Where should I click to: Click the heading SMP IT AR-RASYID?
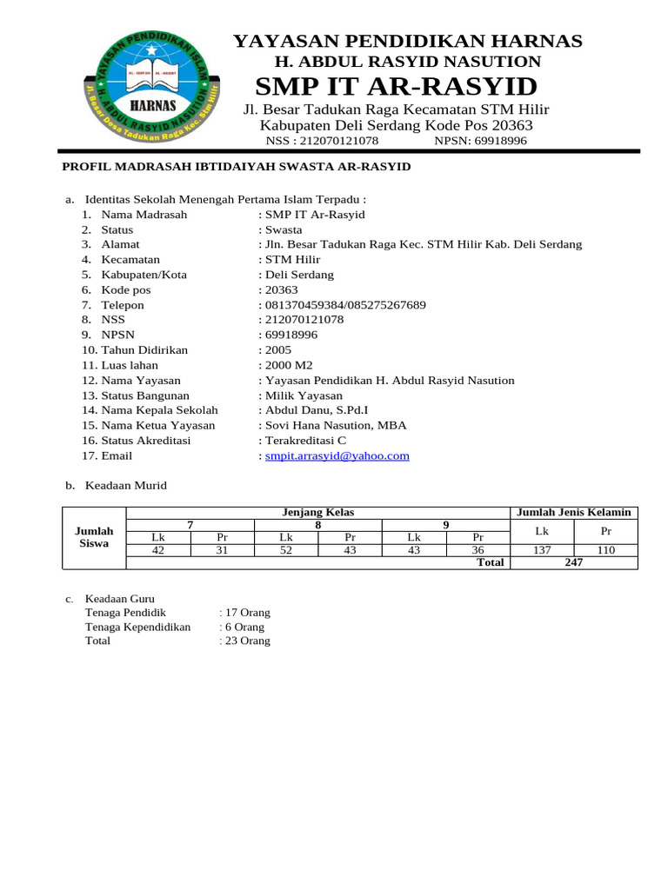[396, 87]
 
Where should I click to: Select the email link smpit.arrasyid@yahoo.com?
[337, 455]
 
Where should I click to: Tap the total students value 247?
[573, 562]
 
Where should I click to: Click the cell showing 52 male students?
[286, 550]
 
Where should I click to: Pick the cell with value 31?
[222, 550]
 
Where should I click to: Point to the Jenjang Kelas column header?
[317, 512]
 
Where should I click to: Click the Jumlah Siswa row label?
[94, 537]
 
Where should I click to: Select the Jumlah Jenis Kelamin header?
[573, 512]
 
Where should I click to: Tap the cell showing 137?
[541, 550]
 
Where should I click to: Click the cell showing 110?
[605, 550]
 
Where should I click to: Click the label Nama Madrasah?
[144, 215]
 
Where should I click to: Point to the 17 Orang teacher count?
[247, 612]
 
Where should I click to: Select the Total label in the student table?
[490, 562]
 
